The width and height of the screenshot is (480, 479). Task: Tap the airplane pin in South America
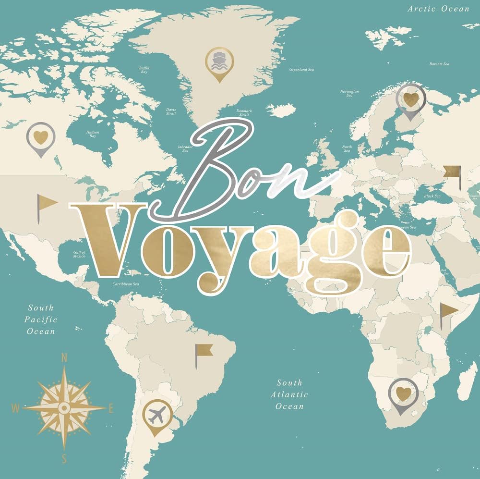(157, 414)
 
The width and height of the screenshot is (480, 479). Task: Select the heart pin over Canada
(41, 137)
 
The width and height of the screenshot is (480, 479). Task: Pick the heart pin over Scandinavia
(411, 99)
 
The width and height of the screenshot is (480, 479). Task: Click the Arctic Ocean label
(438, 9)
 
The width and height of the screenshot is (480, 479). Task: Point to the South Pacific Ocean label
(41, 319)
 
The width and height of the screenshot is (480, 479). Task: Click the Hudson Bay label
(92, 133)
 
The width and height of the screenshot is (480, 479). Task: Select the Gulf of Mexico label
(80, 254)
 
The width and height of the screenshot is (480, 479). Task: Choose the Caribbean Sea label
(125, 284)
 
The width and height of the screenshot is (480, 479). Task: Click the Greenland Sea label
(301, 70)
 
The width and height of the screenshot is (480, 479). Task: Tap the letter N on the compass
(64, 358)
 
